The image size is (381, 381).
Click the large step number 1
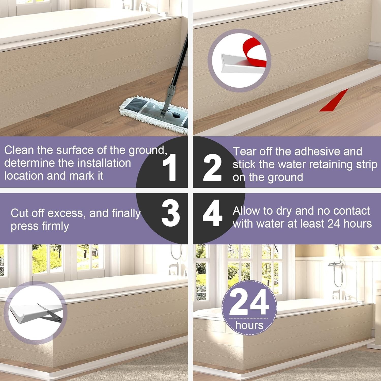point(170,167)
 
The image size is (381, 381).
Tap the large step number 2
point(212,167)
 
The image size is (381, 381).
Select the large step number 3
point(170,213)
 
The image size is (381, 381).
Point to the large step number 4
point(212,213)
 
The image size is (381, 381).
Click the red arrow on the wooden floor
point(334,101)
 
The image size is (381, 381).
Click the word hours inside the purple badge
point(249,325)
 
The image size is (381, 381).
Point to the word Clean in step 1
point(19,150)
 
